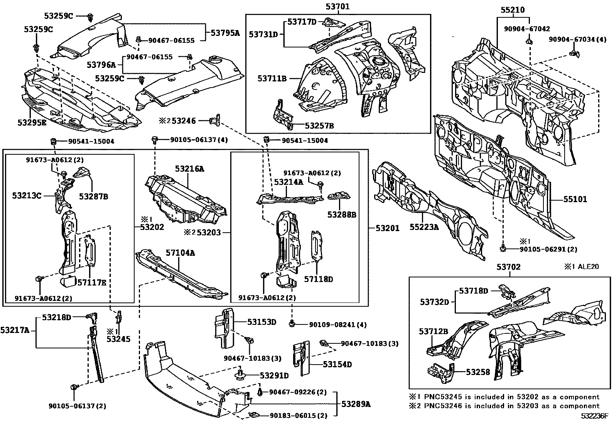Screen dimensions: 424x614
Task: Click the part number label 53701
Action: pos(337,6)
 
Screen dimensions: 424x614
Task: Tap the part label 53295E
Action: pos(32,122)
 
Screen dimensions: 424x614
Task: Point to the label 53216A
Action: pos(189,169)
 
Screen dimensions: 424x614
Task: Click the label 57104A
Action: pos(180,253)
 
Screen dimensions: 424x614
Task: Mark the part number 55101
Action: pos(575,199)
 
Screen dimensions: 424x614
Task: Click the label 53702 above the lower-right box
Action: pos(508,267)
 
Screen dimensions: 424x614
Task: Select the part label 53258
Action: pos(478,372)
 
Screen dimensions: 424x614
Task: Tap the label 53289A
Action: pos(356,404)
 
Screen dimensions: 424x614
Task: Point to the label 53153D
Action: pos(262,322)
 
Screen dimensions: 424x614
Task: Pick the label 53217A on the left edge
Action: pos(15,330)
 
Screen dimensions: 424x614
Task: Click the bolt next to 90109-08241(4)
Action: pos(292,324)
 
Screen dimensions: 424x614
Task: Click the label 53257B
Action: pos(319,126)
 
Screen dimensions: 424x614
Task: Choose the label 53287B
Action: pos(93,196)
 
